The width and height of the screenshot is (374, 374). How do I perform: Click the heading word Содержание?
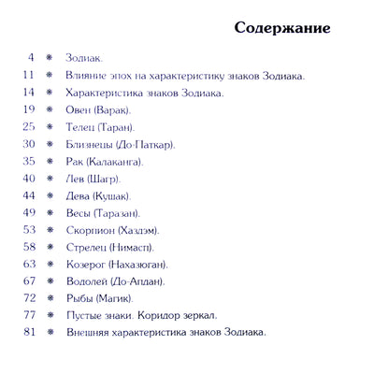(281, 27)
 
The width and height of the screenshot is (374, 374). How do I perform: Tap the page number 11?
(28, 75)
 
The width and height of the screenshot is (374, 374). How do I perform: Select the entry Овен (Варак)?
(97, 109)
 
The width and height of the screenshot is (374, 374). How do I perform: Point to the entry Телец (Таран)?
(100, 126)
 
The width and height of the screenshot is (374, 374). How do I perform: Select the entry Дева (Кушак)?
(98, 195)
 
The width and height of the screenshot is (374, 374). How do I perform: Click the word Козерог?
(86, 264)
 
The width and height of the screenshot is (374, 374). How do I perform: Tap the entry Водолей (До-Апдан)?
(116, 280)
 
